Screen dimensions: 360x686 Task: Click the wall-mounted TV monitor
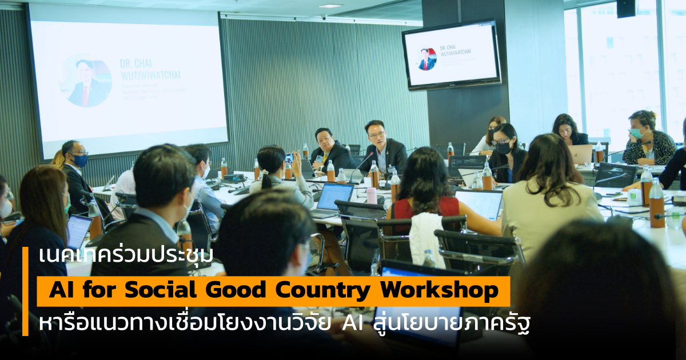coord(451,55)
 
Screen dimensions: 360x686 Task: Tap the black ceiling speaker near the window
coord(625,7)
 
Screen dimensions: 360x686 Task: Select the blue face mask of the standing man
coord(80,160)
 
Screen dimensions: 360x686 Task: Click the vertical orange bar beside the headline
coord(25,291)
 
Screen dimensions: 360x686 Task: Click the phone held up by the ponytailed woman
coord(289,158)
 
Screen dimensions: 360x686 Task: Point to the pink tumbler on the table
coord(372,195)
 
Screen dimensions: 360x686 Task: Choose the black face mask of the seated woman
coord(503,147)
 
